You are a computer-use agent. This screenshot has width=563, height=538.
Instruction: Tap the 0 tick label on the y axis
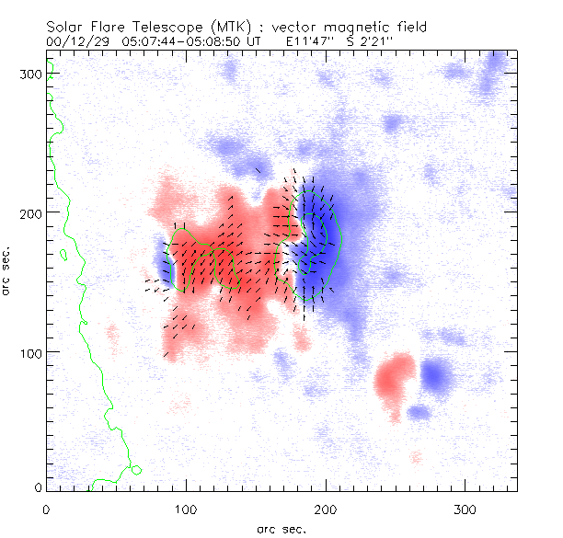(37, 486)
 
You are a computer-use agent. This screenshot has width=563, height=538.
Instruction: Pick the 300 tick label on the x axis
(464, 509)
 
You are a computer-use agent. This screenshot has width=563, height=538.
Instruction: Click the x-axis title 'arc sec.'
(281, 529)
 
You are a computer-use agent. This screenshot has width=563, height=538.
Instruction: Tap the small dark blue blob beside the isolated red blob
(436, 374)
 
